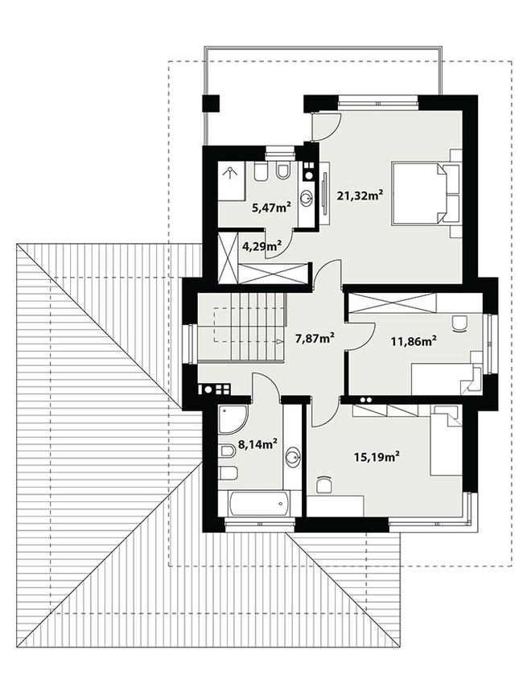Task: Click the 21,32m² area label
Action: coord(360,195)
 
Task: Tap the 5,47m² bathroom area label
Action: coord(270,208)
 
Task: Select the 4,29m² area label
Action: coord(262,245)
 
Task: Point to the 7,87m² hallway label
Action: coord(315,338)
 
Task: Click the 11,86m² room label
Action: coord(414,340)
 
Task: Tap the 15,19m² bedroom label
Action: coord(377,456)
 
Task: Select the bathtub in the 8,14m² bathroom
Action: coord(258,504)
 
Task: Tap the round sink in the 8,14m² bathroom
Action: coord(292,457)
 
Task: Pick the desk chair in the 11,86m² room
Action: coord(459,323)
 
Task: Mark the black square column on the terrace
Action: coord(211,104)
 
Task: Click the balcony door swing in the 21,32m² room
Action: coord(325,125)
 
